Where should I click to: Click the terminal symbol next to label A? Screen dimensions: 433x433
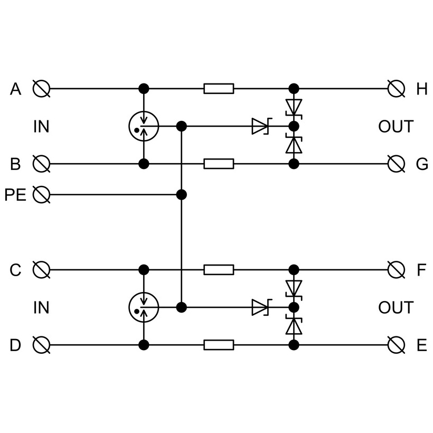click(x=41, y=89)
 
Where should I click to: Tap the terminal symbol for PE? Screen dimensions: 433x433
click(x=41, y=194)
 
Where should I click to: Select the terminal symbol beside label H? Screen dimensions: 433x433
click(x=396, y=89)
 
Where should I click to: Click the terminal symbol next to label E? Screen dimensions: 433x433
click(x=396, y=345)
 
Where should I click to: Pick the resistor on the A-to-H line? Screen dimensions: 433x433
click(x=219, y=89)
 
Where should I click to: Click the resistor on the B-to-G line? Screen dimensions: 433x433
click(x=219, y=164)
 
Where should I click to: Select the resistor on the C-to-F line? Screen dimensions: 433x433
click(x=219, y=270)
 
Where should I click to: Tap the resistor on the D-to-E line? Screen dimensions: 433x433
click(x=219, y=345)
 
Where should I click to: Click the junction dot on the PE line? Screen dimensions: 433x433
click(x=182, y=194)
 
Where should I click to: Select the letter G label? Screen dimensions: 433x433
click(x=422, y=164)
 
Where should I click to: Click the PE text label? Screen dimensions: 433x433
click(x=15, y=194)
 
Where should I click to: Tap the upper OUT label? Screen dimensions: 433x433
click(x=396, y=127)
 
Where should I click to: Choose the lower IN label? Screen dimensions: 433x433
click(x=41, y=308)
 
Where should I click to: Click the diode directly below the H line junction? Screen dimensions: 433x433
click(x=294, y=108)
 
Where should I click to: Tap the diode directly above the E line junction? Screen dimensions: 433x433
click(x=294, y=325)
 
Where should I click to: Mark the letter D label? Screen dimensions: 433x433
click(x=15, y=345)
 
